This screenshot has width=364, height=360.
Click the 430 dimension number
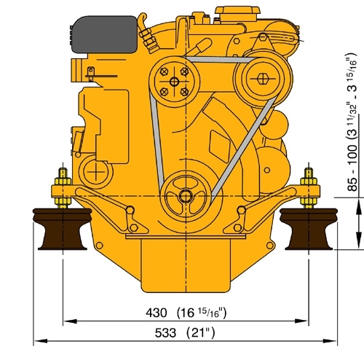[157, 313]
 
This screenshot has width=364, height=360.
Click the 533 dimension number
[165, 333]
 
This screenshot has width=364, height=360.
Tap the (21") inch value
[200, 333]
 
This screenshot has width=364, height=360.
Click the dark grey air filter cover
[103, 34]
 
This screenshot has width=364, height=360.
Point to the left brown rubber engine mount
[63, 229]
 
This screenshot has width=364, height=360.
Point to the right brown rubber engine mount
[309, 229]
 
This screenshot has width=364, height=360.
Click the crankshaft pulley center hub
[186, 196]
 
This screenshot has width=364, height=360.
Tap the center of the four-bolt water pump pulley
[174, 82]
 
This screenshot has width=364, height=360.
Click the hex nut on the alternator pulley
[262, 79]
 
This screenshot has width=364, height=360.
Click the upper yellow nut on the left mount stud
[63, 181]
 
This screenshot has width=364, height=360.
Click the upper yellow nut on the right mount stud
[309, 181]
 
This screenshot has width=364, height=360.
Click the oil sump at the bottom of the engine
[186, 265]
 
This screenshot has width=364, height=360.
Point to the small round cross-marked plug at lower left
[96, 172]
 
